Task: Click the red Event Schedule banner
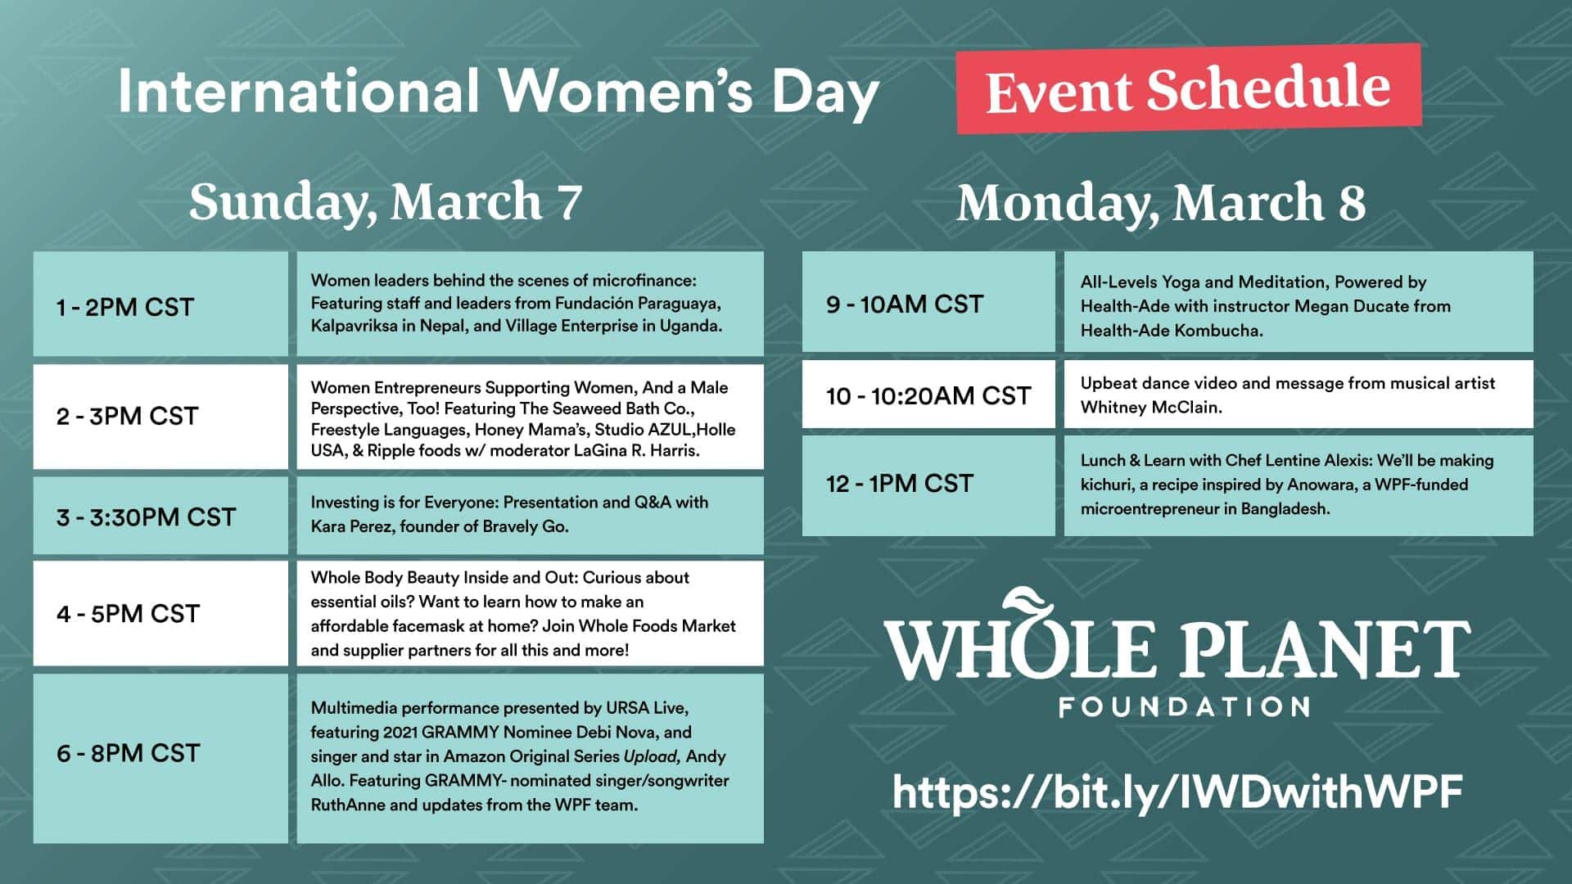coord(1189,88)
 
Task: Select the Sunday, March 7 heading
coord(386,202)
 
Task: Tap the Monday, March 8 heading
coord(1161,202)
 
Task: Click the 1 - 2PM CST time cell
coord(160,304)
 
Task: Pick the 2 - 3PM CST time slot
coord(160,417)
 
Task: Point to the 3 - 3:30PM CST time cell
coord(160,516)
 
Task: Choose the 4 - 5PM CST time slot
coord(160,613)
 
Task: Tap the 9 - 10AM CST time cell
coord(928,302)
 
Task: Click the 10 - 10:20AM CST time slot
coord(928,395)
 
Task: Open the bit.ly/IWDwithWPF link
coord(1177,792)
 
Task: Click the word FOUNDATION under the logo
coord(1184,707)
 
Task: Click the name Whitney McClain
coord(1151,408)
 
